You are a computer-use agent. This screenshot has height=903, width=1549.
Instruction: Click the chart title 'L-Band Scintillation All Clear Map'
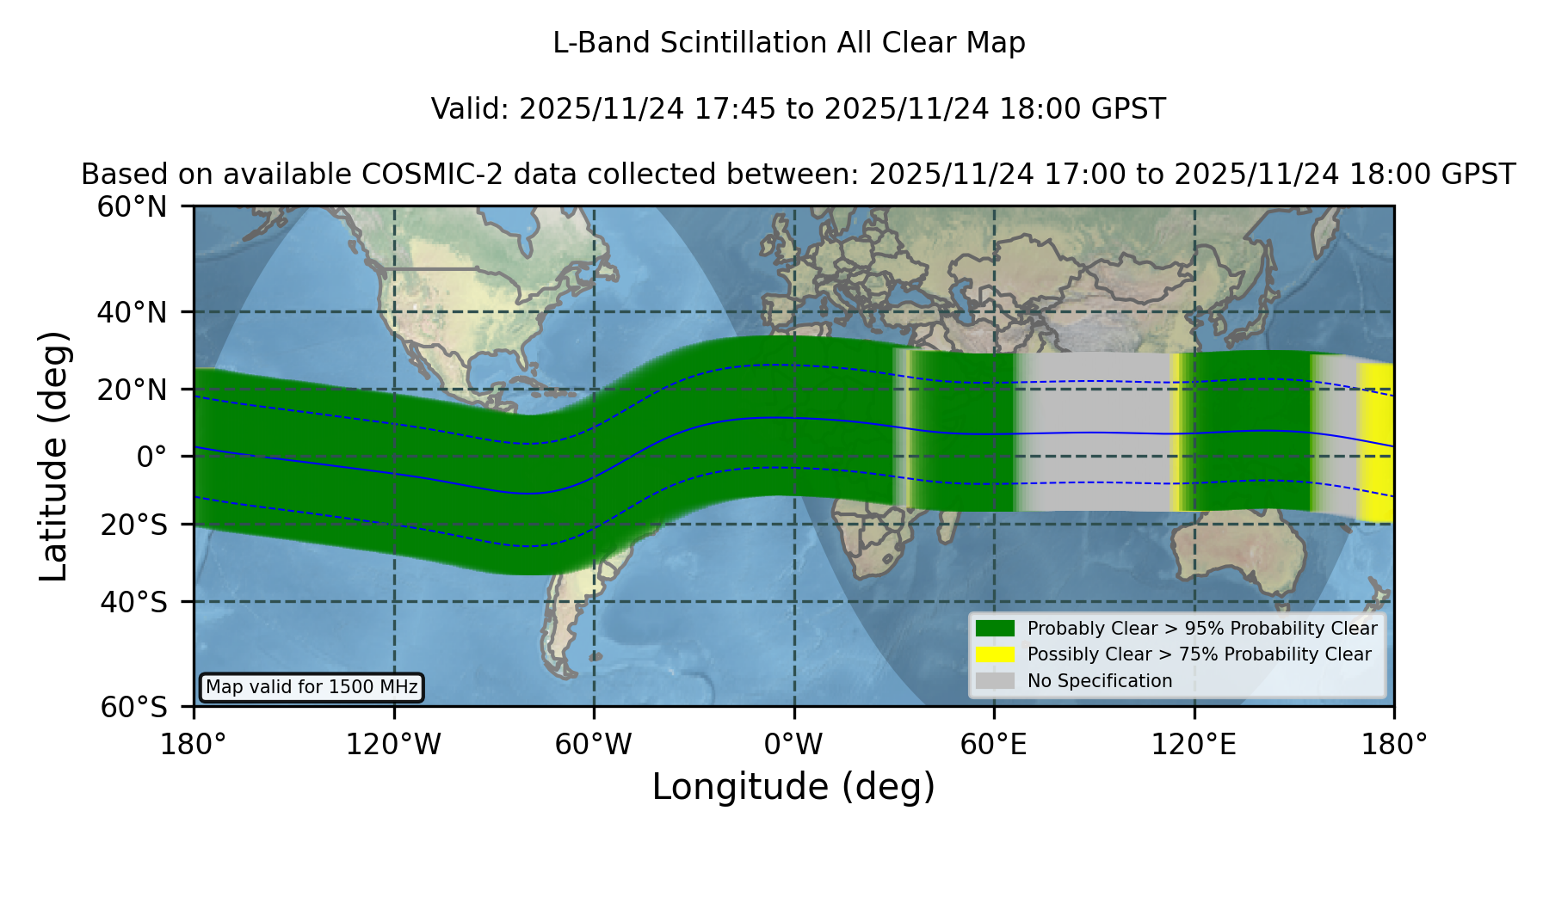pos(788,43)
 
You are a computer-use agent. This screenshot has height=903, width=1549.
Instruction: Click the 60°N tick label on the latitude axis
pos(133,207)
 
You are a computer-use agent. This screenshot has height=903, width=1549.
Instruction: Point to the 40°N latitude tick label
pos(133,312)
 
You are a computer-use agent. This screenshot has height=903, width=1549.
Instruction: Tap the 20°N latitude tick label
pos(133,390)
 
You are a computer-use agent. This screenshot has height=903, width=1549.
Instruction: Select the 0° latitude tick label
pos(151,457)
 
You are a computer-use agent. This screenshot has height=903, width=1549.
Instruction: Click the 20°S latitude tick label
pos(134,525)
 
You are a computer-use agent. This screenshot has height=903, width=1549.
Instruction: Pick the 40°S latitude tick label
pos(134,602)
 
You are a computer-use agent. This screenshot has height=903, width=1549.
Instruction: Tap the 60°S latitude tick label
pos(134,707)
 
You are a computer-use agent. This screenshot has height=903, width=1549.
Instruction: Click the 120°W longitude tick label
pos(393,745)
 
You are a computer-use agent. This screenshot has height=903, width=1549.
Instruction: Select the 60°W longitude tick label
pos(594,745)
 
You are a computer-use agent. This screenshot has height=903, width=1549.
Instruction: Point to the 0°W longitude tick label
pos(793,745)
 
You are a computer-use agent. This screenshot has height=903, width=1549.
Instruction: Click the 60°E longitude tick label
pos(994,745)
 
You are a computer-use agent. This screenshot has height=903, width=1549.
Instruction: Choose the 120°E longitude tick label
pos(1194,745)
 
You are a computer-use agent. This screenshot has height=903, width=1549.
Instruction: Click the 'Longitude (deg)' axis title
pos(793,788)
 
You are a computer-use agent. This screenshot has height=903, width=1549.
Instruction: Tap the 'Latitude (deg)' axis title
pos(53,456)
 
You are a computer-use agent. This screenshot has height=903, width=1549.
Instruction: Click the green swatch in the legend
pos(995,629)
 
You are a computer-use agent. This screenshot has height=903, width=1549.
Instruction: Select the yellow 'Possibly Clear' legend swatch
pos(995,654)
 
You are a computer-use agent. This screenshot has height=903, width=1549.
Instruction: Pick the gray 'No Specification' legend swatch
pos(995,681)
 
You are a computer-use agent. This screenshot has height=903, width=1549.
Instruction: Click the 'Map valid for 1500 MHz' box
pos(312,687)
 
